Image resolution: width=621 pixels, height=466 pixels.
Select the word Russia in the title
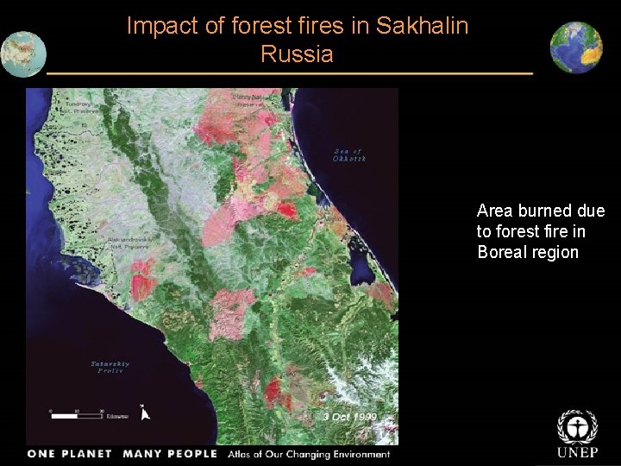coord(296,54)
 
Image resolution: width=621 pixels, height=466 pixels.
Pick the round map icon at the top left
coord(22,54)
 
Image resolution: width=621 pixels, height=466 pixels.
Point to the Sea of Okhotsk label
coord(350,155)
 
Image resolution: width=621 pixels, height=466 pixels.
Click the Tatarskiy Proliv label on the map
coord(110,367)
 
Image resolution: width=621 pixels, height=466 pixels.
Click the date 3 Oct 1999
coord(349,416)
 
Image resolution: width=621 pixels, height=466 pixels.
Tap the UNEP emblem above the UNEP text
coord(577,426)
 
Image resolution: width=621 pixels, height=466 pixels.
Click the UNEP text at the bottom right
coord(577,453)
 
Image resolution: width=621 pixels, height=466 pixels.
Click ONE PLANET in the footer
coord(70,454)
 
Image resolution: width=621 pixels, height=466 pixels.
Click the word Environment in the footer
coord(357,454)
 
